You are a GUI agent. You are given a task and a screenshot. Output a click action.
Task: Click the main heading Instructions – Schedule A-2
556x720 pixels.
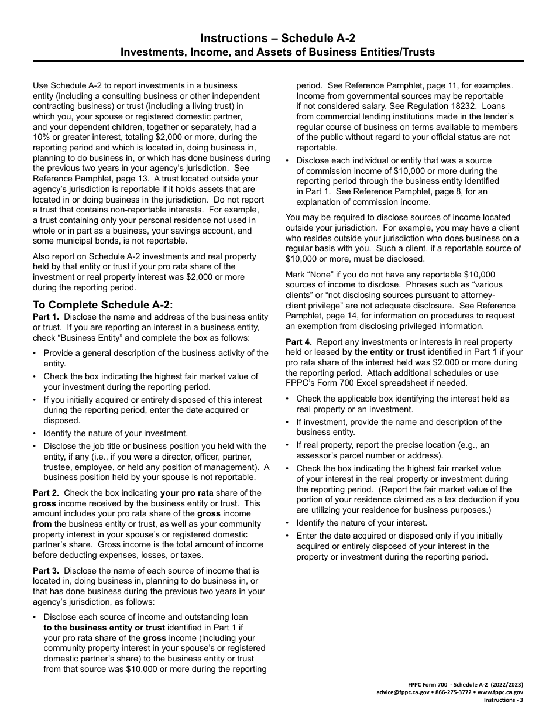277,39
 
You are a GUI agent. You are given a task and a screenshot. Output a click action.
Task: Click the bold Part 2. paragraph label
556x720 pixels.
47,492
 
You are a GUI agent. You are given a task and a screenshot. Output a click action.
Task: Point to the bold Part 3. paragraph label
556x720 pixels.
47,570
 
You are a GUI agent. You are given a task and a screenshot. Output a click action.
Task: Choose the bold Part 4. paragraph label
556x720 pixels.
299,342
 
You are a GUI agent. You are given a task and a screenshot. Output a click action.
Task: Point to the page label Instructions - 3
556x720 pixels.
504,700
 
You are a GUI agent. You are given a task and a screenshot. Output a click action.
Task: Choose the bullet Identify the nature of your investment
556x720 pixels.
115,433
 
